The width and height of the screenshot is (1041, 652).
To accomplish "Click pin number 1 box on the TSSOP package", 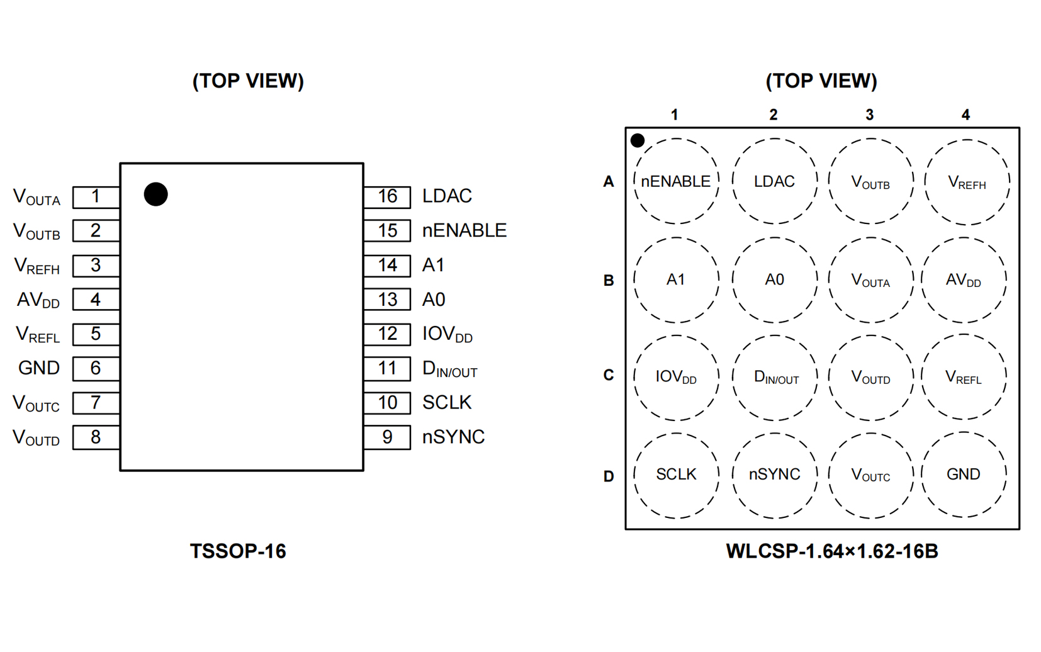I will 96,197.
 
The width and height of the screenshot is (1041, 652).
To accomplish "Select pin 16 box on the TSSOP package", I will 387,197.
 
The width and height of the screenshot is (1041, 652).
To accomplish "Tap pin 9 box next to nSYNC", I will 387,437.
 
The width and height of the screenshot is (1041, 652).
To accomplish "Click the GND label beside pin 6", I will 39,368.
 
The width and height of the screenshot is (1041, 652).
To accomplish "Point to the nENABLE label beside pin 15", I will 464,230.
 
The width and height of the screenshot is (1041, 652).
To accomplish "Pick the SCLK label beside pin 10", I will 447,402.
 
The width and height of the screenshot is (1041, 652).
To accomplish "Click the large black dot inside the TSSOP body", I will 155,194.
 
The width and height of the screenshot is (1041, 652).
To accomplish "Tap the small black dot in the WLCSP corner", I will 637,140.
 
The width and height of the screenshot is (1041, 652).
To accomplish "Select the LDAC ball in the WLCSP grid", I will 774,181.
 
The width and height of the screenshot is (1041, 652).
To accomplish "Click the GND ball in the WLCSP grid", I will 963,475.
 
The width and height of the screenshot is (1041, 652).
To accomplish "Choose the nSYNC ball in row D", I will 774,475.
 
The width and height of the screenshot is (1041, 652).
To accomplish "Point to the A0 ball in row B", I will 774,279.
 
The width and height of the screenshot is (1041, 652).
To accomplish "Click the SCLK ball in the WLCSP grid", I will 676,475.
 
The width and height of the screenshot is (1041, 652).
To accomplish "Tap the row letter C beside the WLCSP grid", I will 609,375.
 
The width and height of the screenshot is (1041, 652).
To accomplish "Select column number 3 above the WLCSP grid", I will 869,115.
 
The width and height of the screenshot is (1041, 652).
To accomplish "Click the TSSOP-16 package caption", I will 238,551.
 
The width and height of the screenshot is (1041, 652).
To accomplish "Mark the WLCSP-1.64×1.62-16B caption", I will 831,551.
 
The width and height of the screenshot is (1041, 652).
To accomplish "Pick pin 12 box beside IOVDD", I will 387,334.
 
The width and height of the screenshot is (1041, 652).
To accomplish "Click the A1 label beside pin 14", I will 433,265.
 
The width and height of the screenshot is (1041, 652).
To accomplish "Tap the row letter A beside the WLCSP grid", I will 609,182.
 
